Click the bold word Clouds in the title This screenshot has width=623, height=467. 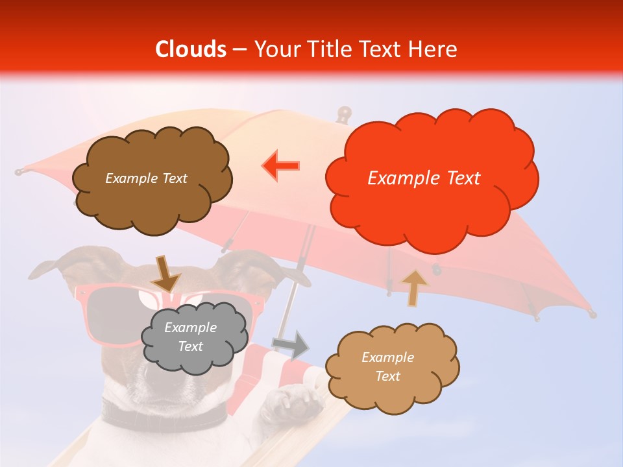point(191,49)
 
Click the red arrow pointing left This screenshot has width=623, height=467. point(280,165)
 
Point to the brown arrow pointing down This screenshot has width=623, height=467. point(165,274)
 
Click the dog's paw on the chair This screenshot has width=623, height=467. point(293,401)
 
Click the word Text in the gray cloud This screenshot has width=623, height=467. point(191,347)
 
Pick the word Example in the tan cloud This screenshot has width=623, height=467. point(387,357)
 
